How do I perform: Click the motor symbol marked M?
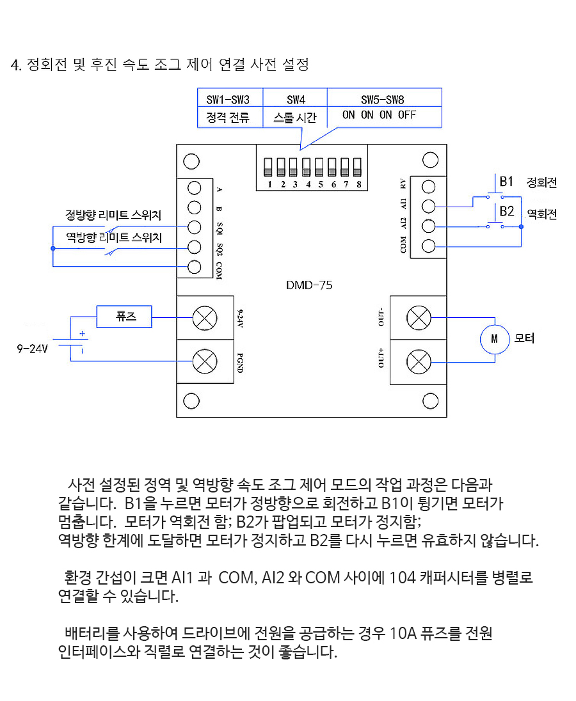(494, 340)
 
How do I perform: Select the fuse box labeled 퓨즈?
(124, 317)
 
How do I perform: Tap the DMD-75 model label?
(309, 285)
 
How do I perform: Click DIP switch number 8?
(357, 168)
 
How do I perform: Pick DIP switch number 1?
(268, 168)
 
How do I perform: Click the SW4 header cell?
(295, 98)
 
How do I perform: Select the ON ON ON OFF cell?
(380, 115)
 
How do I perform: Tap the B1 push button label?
(506, 182)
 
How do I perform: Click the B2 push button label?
(507, 211)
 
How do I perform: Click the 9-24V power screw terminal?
(205, 318)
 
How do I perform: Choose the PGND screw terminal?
(205, 361)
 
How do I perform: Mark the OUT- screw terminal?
(419, 318)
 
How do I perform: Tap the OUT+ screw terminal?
(419, 361)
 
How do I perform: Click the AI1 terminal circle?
(428, 206)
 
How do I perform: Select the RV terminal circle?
(428, 186)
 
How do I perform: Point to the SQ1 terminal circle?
(194, 227)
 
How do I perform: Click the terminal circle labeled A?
(194, 188)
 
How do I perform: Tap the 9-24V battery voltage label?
(32, 349)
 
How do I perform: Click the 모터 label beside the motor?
(524, 338)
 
